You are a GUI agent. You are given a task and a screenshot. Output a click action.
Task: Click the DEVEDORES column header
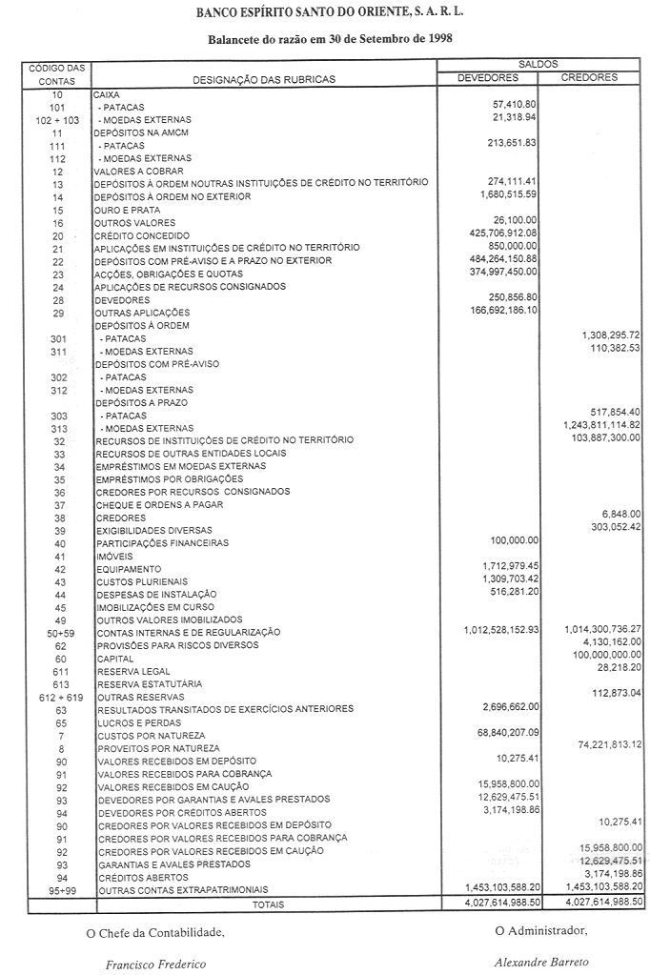click(488, 77)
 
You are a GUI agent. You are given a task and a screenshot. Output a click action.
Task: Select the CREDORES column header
click(590, 77)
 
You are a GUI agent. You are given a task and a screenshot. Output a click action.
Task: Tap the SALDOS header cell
click(538, 63)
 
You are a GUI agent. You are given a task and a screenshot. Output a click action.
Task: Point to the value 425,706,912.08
click(498, 232)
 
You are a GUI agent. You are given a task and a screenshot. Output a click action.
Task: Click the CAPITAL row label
click(114, 659)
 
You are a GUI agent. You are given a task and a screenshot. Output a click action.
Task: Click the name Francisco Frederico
click(155, 964)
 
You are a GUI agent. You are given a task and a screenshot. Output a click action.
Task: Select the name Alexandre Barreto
click(541, 963)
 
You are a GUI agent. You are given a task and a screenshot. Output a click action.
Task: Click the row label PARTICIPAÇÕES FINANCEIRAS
click(162, 543)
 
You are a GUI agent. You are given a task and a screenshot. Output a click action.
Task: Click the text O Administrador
click(541, 931)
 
